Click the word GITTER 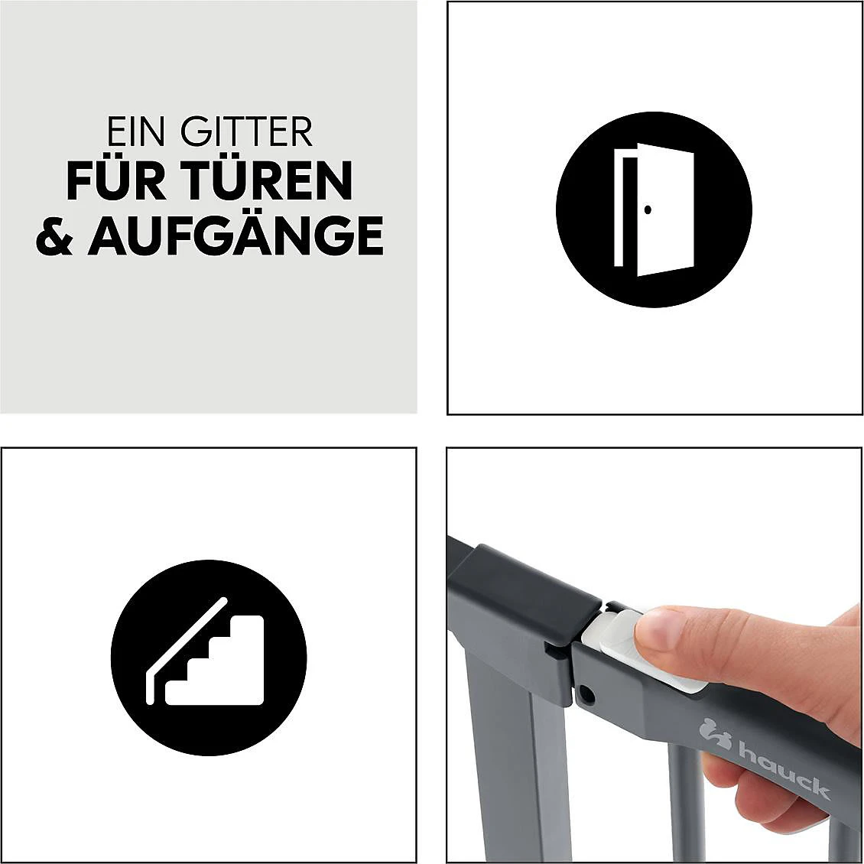247,133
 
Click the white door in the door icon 664,209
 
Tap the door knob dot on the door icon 648,210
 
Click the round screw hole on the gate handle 586,694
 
